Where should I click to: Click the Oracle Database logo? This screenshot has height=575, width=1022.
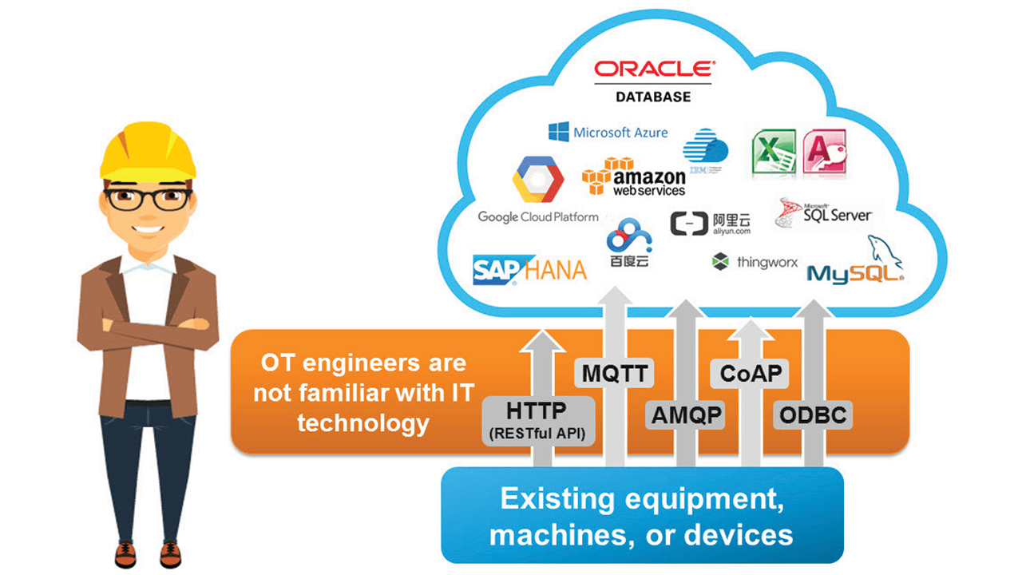[x=652, y=80]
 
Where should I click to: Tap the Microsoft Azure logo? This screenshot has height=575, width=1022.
[x=608, y=133]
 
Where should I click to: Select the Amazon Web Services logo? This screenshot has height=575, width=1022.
[x=635, y=176]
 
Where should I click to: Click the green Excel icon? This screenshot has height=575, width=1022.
[x=773, y=153]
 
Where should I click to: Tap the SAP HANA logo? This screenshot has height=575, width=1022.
[x=529, y=270]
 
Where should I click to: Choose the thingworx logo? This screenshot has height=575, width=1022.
[x=755, y=262]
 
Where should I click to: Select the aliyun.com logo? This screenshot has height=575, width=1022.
[x=711, y=224]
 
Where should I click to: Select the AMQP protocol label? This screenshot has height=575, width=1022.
[x=686, y=414]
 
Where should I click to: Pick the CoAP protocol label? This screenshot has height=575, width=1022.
[x=750, y=373]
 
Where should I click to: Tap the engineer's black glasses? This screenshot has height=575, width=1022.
[x=148, y=198]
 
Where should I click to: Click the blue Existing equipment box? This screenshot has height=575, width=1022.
[x=642, y=516]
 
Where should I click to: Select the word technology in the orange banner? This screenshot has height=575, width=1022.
[x=363, y=422]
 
